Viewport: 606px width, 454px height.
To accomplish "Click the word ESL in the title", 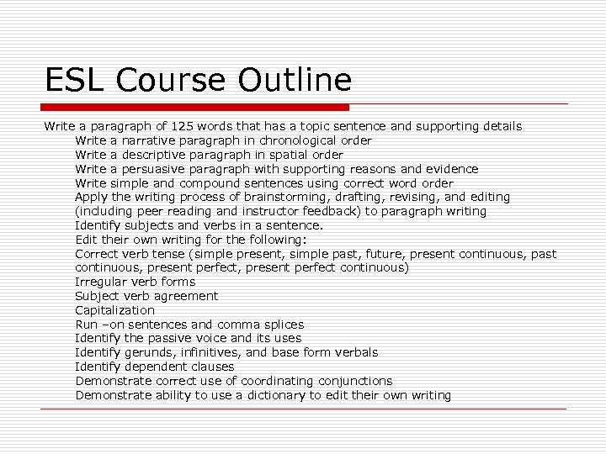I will [x=75, y=81].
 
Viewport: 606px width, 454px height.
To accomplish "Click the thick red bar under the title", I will [x=196, y=108].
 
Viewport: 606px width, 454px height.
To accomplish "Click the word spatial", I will [x=281, y=155].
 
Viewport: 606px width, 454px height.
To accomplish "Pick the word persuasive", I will [x=151, y=169].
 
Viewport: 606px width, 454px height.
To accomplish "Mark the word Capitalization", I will [x=115, y=310].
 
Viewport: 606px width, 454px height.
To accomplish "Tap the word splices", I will [x=281, y=325].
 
